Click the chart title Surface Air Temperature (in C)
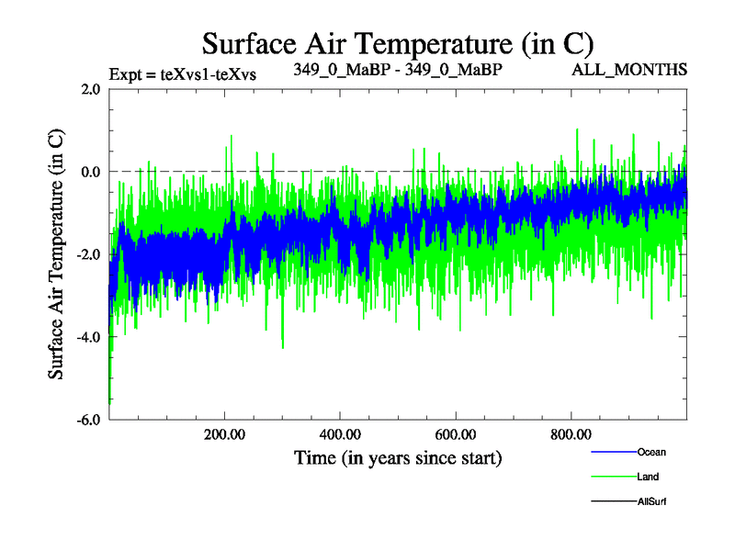[399, 42]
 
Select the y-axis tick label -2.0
[88, 254]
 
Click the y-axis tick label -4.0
[88, 337]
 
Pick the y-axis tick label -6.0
[88, 420]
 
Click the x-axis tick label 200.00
[224, 434]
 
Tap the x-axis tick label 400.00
[340, 434]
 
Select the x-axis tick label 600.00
[455, 434]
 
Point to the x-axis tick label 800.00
[571, 434]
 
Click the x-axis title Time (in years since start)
[398, 456]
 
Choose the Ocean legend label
[651, 452]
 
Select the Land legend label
[648, 477]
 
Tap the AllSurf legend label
[652, 501]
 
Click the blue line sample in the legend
[612, 452]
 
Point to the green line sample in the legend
[612, 477]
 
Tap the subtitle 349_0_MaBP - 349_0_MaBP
[398, 69]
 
